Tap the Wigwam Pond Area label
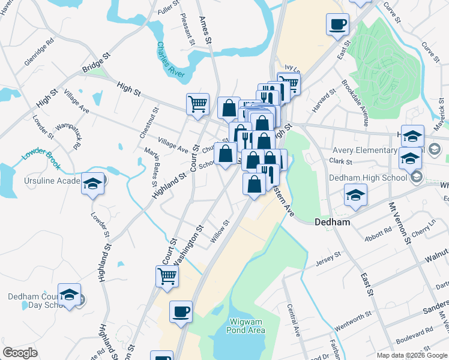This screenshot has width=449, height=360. coord(246,326)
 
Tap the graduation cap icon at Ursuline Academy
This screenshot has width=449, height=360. coord(93,183)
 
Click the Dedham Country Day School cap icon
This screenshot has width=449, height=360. coord(70,295)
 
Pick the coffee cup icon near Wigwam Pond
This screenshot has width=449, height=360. coord(181,313)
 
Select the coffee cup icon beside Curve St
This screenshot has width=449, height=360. coord(337,25)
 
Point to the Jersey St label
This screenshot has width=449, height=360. coord(328,259)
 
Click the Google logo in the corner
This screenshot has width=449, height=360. coord(20,352)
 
